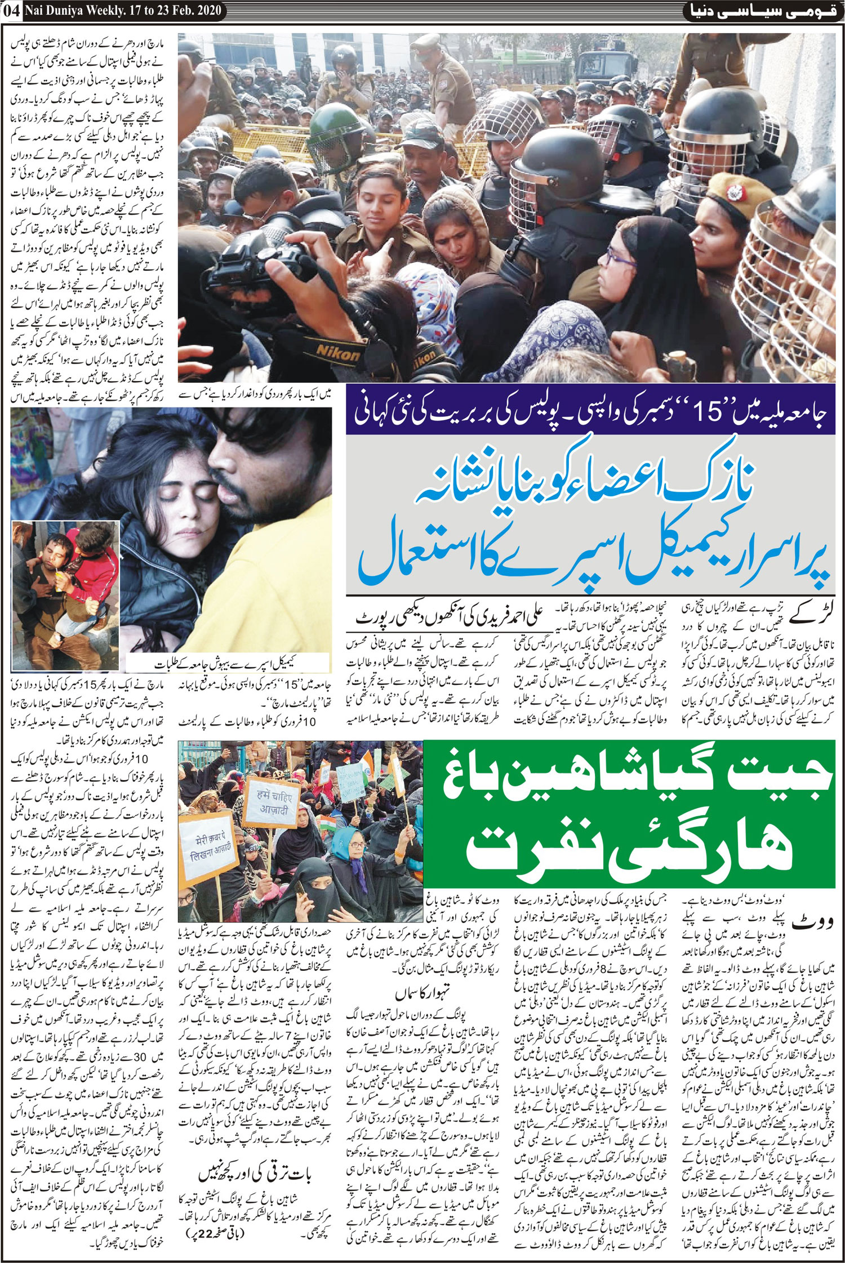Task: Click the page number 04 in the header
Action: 11,10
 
